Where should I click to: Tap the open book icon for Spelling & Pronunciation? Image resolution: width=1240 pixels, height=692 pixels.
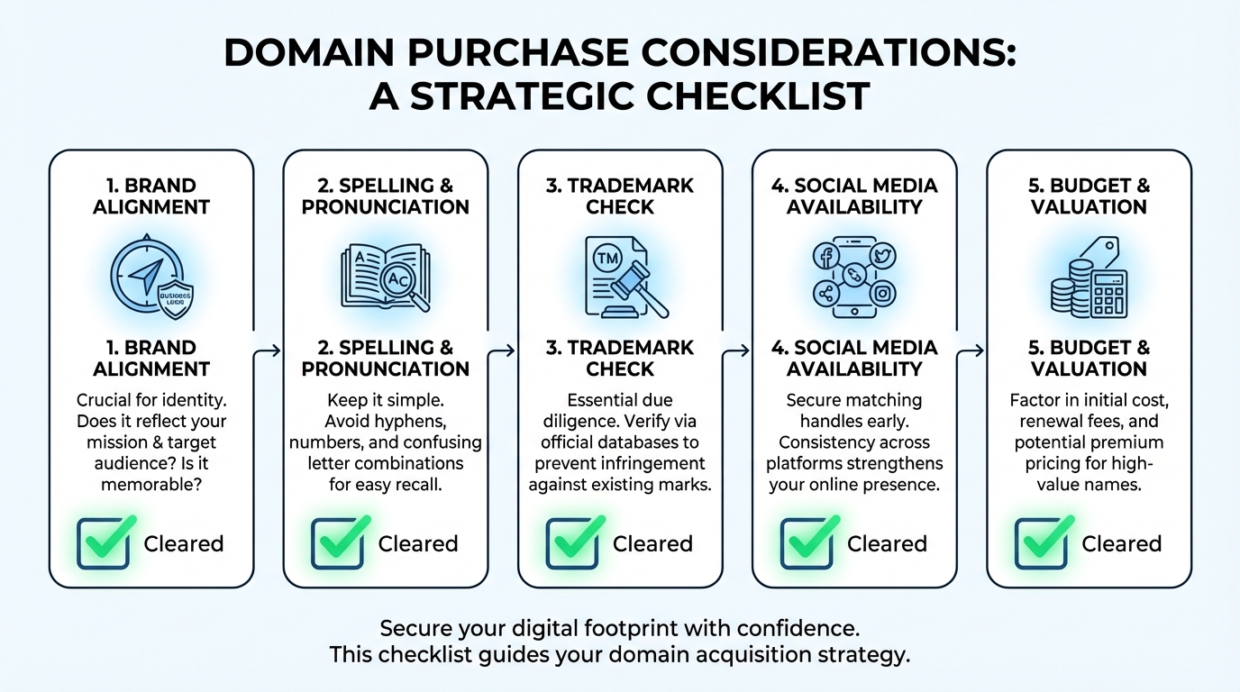click(384, 275)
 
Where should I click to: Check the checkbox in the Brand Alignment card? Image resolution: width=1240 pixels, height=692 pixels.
click(103, 543)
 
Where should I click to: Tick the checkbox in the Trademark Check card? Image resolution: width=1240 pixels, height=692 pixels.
click(571, 543)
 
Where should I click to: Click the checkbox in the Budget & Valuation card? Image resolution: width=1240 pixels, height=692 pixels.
click(1041, 543)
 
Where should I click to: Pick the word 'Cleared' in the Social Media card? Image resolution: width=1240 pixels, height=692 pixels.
click(887, 544)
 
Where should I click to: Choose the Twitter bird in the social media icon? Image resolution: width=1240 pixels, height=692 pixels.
click(881, 257)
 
